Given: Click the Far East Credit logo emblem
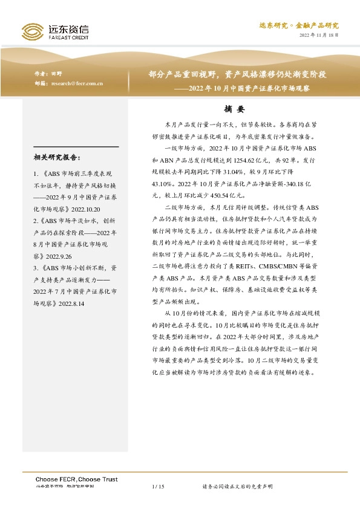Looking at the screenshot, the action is click(x=32, y=31).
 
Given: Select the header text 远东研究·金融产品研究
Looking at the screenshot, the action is click(x=299, y=25).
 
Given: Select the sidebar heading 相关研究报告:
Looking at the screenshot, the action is click(x=57, y=158).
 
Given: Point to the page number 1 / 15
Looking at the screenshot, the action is click(x=159, y=486).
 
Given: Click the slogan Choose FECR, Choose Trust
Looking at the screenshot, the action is click(x=75, y=478).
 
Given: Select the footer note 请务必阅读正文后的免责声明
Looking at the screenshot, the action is click(x=237, y=486).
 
